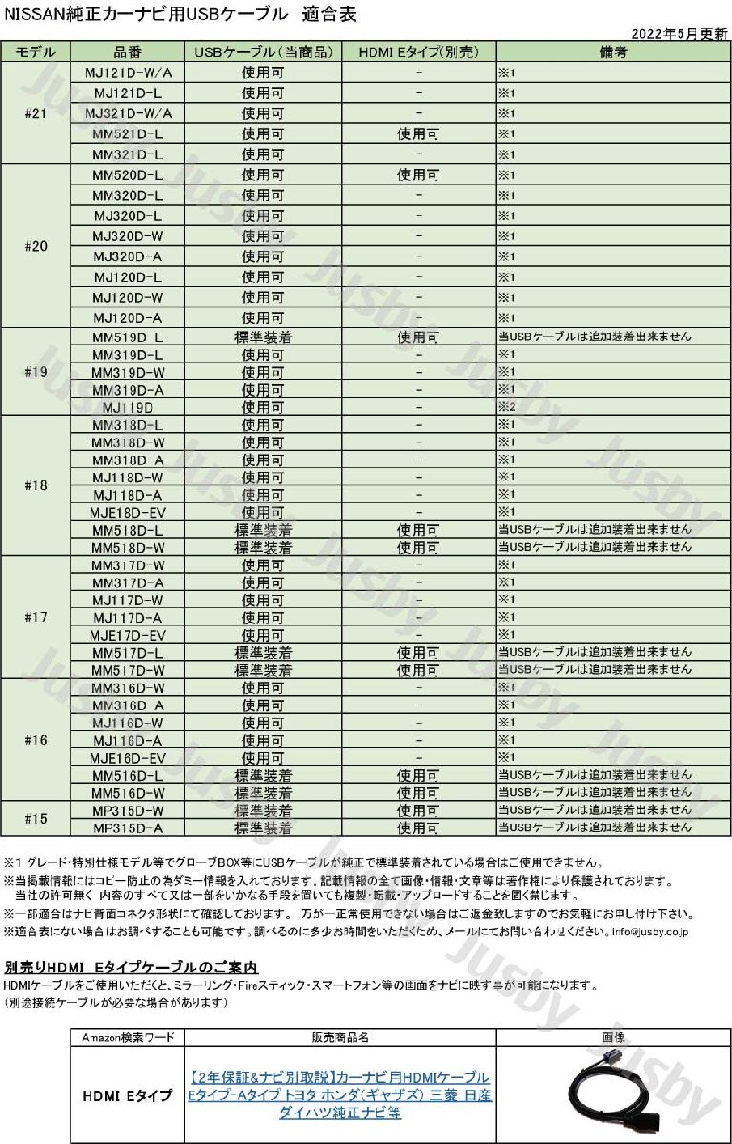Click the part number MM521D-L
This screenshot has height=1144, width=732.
128,134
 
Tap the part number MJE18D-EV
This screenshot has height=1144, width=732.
128,512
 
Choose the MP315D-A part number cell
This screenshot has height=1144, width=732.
128,828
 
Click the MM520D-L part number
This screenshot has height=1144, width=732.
128,175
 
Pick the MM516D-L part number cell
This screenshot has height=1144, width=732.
128,775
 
